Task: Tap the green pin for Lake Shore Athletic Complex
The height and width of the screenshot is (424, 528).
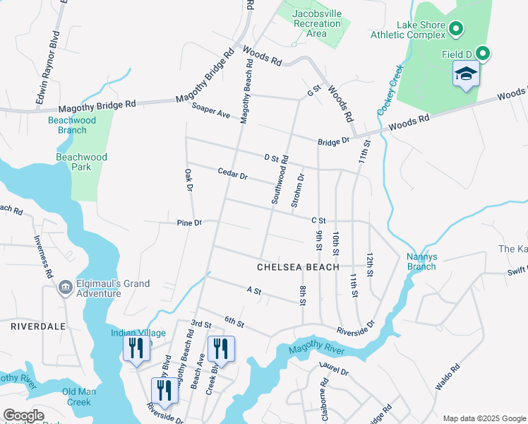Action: click(x=456, y=29)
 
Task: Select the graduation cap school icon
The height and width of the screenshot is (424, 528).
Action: click(x=466, y=74)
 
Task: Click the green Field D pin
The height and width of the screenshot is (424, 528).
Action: click(x=483, y=53)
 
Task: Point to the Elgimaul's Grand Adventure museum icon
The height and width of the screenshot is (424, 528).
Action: click(x=64, y=287)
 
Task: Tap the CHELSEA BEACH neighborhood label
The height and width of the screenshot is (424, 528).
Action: click(x=292, y=267)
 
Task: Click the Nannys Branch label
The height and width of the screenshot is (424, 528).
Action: click(x=421, y=261)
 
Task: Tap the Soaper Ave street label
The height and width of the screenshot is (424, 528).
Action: click(x=211, y=110)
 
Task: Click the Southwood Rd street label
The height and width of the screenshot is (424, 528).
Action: click(x=280, y=180)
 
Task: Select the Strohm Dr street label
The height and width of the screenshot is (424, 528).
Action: click(x=300, y=189)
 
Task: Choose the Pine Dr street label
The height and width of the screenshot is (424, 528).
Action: click(x=189, y=223)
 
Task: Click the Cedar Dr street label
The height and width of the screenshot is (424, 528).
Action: click(x=233, y=174)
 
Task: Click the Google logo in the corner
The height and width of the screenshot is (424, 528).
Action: click(x=23, y=416)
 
